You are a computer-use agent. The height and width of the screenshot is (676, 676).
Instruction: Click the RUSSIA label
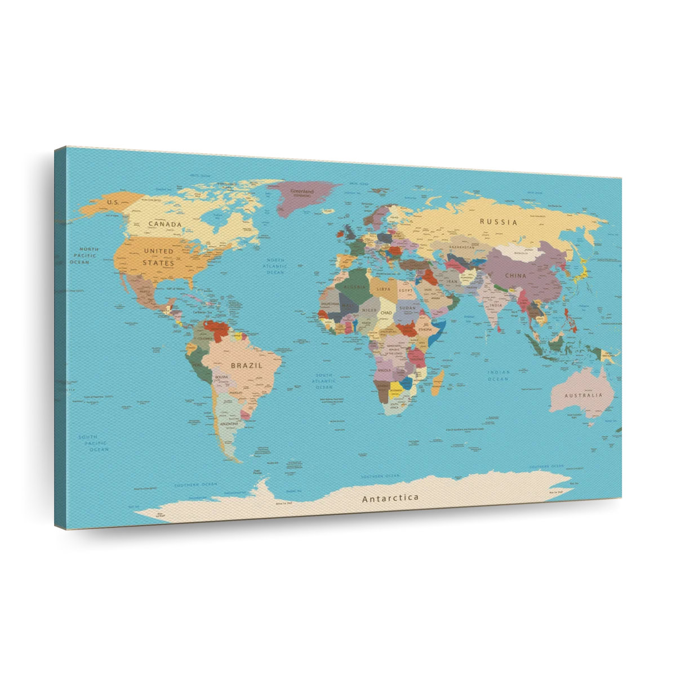point(498,222)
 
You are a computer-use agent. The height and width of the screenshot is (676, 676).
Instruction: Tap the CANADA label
point(165,224)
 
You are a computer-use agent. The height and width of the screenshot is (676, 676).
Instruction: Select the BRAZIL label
point(246,365)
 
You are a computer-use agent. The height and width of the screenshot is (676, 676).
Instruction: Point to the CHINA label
point(515,275)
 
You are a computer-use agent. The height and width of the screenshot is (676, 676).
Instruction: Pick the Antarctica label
point(390,498)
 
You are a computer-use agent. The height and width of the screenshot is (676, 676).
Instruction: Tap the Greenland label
point(301,191)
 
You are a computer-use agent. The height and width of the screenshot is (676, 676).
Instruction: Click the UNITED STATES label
point(158,257)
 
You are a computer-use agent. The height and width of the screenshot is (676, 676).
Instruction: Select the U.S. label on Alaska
point(113,202)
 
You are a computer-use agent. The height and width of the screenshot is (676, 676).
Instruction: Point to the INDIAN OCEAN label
point(499,376)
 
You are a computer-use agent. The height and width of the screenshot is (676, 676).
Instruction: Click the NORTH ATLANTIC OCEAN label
point(275,266)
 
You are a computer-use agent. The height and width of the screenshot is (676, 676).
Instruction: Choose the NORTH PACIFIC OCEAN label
point(84,255)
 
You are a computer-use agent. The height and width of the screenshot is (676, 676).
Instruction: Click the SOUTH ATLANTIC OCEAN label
point(324,381)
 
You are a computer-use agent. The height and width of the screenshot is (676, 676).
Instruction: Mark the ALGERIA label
point(355,287)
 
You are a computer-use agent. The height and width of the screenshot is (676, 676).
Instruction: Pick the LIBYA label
point(383,289)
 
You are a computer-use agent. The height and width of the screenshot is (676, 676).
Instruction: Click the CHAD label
point(386,312)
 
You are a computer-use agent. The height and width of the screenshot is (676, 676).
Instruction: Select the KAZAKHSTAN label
point(461,247)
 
